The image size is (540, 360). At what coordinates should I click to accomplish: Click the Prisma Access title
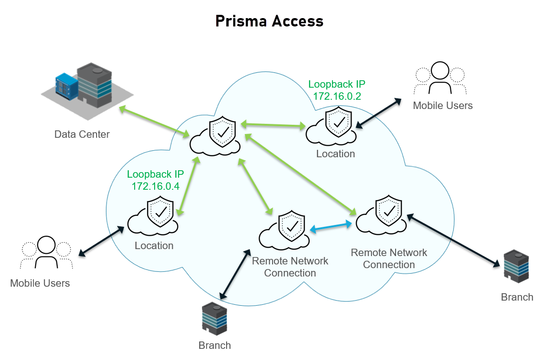click(269, 21)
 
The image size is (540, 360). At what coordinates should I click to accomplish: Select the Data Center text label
click(82, 135)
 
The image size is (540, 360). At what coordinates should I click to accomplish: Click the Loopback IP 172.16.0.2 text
click(337, 90)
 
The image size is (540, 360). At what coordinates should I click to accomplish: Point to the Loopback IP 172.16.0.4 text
click(156, 180)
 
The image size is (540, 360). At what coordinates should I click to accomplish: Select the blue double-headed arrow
click(331, 227)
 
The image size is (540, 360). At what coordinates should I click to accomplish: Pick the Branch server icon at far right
click(516, 267)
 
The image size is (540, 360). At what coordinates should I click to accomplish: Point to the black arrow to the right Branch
click(452, 241)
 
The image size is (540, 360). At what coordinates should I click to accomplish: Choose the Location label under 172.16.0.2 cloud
click(335, 154)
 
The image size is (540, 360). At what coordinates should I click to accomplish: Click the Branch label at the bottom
click(215, 345)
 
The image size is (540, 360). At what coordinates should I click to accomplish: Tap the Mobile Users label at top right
click(442, 106)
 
